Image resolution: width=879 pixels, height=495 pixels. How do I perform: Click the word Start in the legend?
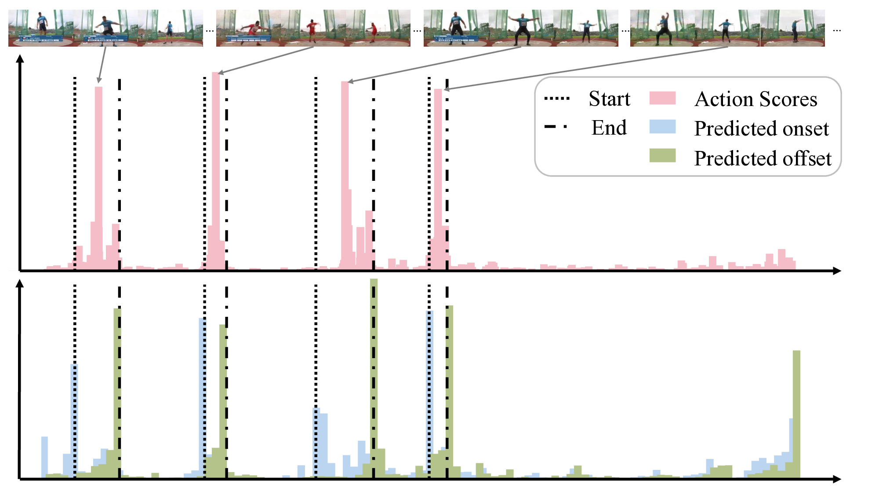609,99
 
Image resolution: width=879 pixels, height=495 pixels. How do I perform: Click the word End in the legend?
609,128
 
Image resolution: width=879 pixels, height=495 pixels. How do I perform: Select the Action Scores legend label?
756,99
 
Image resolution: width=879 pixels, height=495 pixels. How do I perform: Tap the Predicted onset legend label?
761,128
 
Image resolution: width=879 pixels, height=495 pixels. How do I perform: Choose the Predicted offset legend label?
763,158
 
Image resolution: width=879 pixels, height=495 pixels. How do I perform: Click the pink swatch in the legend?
662,98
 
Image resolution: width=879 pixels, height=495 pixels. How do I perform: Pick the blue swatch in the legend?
662,127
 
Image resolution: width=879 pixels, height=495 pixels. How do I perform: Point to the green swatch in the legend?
662,156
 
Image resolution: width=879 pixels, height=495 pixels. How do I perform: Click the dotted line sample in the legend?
557,99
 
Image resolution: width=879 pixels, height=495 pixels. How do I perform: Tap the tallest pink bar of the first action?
98,176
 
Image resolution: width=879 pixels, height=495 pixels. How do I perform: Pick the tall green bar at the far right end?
796,414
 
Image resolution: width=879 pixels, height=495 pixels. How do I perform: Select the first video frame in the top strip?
40,28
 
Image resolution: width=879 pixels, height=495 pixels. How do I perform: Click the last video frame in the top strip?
792,28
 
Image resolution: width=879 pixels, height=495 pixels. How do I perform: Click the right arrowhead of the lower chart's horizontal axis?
837,479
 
